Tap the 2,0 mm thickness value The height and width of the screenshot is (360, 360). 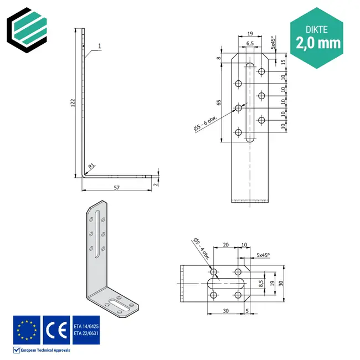coord(318,43)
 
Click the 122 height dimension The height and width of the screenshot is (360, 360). coord(73,104)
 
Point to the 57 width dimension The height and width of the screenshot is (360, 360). coord(117,188)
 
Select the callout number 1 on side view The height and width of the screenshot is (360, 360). coord(100,47)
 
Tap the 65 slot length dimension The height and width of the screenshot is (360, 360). coord(219,102)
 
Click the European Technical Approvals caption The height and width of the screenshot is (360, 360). coord(45,350)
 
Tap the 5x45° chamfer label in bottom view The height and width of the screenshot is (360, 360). coord(263,255)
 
